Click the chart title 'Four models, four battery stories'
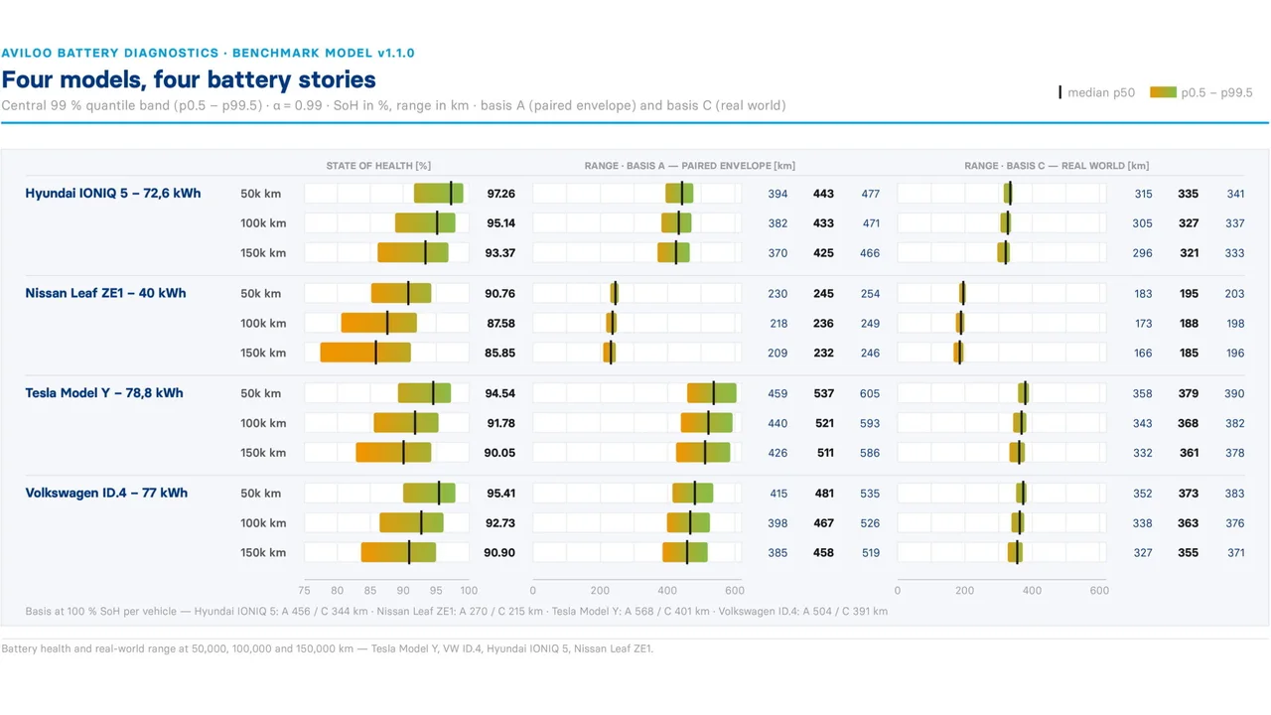point(189,79)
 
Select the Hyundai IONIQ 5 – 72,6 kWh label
point(113,194)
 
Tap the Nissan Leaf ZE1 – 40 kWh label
point(105,293)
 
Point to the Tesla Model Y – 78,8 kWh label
point(104,393)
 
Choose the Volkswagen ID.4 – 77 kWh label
point(106,494)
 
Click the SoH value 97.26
point(501,194)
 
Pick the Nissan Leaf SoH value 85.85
point(499,353)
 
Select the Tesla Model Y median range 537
point(823,394)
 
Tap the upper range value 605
point(869,394)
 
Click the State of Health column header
point(378,166)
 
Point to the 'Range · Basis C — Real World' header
point(1057,166)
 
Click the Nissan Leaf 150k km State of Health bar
point(365,353)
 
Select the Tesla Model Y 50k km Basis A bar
point(712,392)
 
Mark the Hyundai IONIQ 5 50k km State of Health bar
point(439,193)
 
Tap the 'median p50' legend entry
point(1097,92)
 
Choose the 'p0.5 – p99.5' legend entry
point(1201,92)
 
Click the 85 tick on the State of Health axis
point(370,591)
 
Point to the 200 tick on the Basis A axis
point(600,591)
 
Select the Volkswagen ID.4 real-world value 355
point(1189,553)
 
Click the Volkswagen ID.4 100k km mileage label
point(263,523)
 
